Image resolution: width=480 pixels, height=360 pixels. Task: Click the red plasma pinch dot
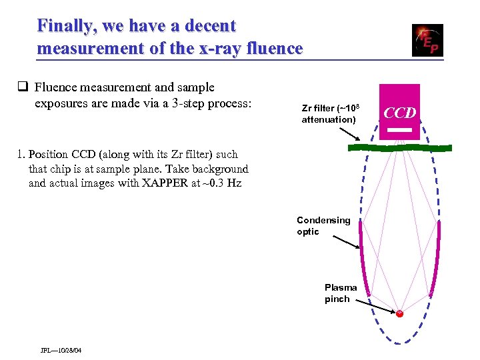coord(399,313)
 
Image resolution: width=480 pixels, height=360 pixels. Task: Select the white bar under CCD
coord(400,131)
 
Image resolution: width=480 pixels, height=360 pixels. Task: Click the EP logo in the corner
coord(427,40)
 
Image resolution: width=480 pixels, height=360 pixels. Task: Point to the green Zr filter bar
coord(400,147)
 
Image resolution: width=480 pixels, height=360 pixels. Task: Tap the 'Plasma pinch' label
coord(341,293)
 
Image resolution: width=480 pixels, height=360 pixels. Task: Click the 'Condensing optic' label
coord(323,226)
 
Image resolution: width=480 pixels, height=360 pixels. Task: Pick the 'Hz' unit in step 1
coord(234,183)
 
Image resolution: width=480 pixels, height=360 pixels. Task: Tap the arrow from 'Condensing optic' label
coord(347,243)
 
